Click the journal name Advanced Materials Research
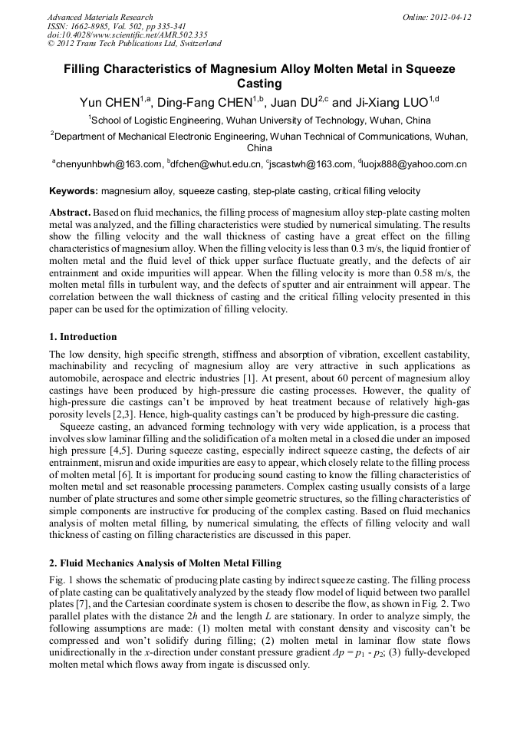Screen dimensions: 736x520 click(100, 17)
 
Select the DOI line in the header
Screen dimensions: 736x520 click(127, 35)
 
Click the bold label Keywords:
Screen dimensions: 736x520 click(74, 190)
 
